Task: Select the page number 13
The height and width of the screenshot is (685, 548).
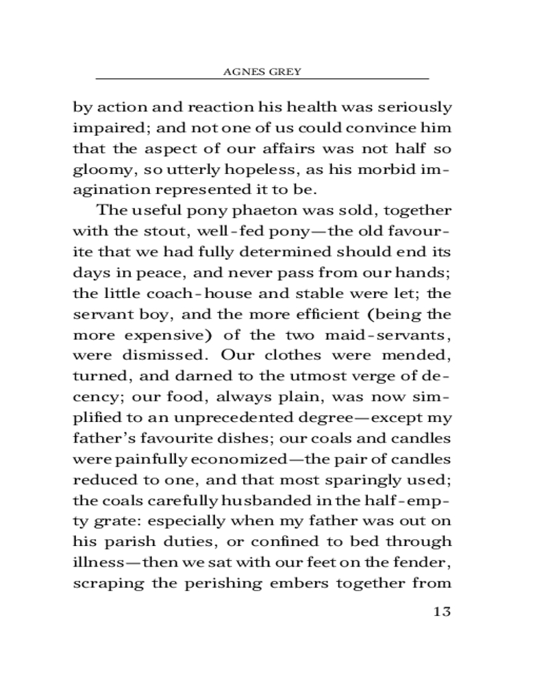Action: point(442,611)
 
